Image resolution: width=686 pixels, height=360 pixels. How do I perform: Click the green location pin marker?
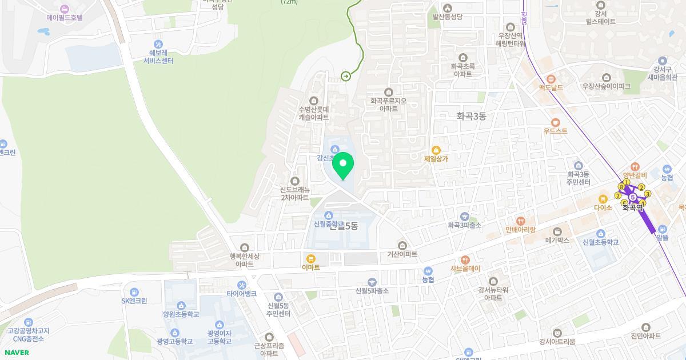click(x=343, y=165)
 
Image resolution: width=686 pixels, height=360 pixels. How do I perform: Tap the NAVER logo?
click(x=17, y=352)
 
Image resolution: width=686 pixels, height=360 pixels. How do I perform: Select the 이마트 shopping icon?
click(x=311, y=259)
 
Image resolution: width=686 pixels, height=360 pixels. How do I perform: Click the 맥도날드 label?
click(x=551, y=87)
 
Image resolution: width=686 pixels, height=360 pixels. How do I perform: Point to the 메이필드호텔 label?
click(x=65, y=18)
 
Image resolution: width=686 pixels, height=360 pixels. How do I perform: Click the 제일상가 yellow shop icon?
click(x=436, y=150)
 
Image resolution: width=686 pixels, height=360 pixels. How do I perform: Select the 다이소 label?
click(x=603, y=207)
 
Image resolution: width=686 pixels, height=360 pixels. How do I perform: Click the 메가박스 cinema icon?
click(x=557, y=232)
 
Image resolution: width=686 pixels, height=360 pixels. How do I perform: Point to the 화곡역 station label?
click(x=633, y=209)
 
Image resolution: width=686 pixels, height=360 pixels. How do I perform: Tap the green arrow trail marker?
click(x=346, y=76)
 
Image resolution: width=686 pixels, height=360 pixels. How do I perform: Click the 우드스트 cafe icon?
click(x=556, y=122)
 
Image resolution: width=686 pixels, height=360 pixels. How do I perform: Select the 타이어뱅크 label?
click(x=241, y=294)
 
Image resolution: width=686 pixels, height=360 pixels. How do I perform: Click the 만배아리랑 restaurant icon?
click(x=520, y=221)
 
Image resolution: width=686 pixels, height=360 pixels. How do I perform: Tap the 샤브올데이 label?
click(x=465, y=269)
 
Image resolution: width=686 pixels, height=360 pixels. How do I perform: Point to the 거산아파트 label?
click(x=402, y=254)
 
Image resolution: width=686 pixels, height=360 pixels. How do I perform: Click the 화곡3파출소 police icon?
click(x=465, y=217)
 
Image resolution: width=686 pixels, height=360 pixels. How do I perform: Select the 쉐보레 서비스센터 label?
click(x=158, y=57)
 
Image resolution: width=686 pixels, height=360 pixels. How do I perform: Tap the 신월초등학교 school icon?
click(x=601, y=234)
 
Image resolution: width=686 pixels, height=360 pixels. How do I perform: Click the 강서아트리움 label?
click(x=557, y=342)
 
